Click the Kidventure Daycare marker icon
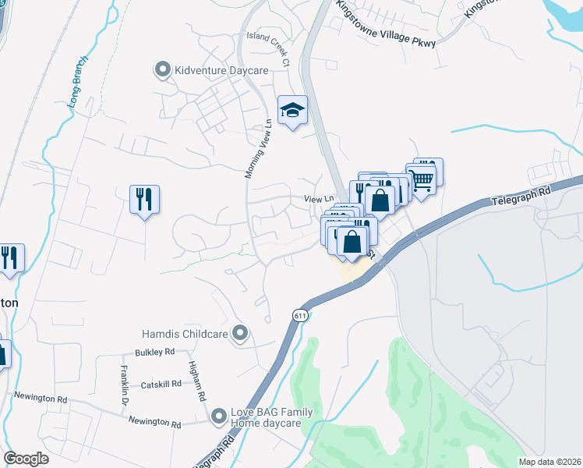click(x=163, y=70)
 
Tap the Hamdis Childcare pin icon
click(x=240, y=335)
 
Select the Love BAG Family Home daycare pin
click(x=220, y=417)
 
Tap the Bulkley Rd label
click(x=154, y=353)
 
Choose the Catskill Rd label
click(x=161, y=384)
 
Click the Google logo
click(x=26, y=458)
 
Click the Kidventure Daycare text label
click(x=221, y=71)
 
